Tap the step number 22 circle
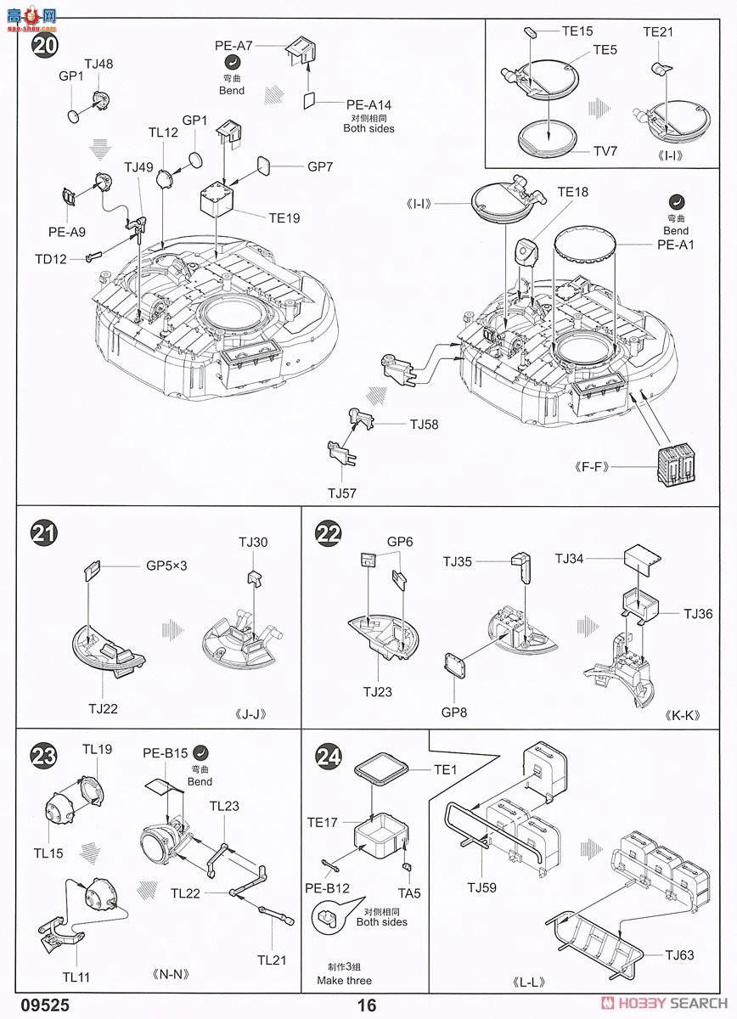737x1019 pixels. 329,532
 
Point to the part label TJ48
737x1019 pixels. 98,65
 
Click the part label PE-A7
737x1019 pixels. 233,46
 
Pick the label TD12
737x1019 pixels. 51,259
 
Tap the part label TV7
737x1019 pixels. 605,151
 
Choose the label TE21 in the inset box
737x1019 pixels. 658,31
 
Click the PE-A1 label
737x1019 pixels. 676,245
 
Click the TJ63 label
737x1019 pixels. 679,955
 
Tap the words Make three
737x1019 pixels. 344,981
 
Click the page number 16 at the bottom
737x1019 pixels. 366,1005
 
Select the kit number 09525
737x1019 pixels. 30,1005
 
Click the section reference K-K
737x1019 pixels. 683,714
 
